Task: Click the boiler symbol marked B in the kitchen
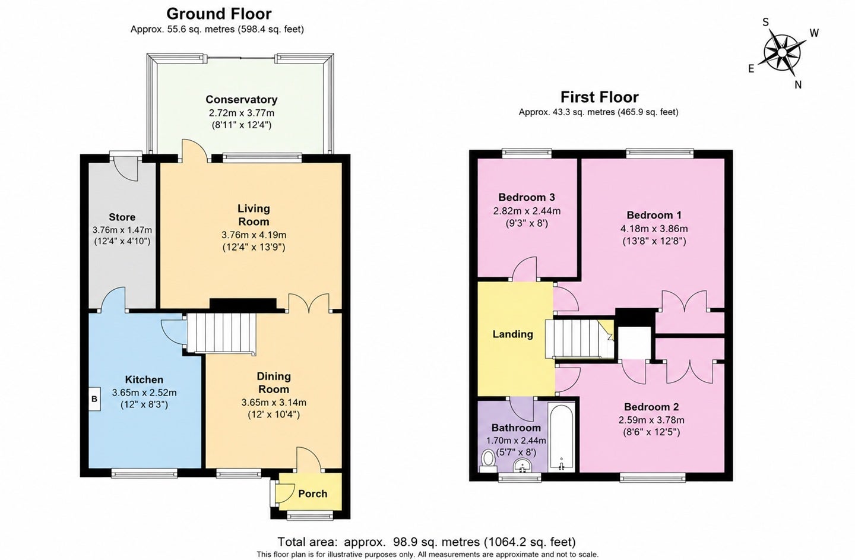pos(94,399)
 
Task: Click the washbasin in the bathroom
pos(522,466)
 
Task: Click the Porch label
pos(312,494)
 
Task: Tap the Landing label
pos(512,334)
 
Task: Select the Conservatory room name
pos(241,100)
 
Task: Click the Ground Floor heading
pos(218,14)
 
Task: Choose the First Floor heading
pos(599,97)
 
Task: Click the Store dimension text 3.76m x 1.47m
pos(122,230)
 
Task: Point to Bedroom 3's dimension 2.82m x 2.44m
pos(527,211)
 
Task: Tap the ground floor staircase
pos(221,333)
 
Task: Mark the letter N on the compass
pos(798,85)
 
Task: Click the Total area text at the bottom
pos(427,542)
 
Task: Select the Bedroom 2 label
pos(651,407)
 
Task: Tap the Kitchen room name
pos(144,379)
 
